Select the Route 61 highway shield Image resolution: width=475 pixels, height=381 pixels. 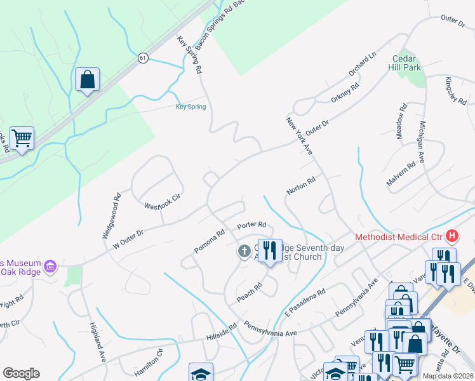[x=143, y=58]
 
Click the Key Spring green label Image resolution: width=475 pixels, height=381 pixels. [x=191, y=107]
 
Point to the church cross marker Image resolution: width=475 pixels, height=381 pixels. [x=243, y=252]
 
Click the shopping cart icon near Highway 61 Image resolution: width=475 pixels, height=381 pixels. [x=22, y=137]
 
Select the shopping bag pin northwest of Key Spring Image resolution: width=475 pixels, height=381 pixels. [x=88, y=80]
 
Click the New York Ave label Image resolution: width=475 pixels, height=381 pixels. [x=299, y=135]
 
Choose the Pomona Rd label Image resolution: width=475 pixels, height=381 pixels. [x=210, y=241]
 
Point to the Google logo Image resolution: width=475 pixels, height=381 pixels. [x=21, y=373]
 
